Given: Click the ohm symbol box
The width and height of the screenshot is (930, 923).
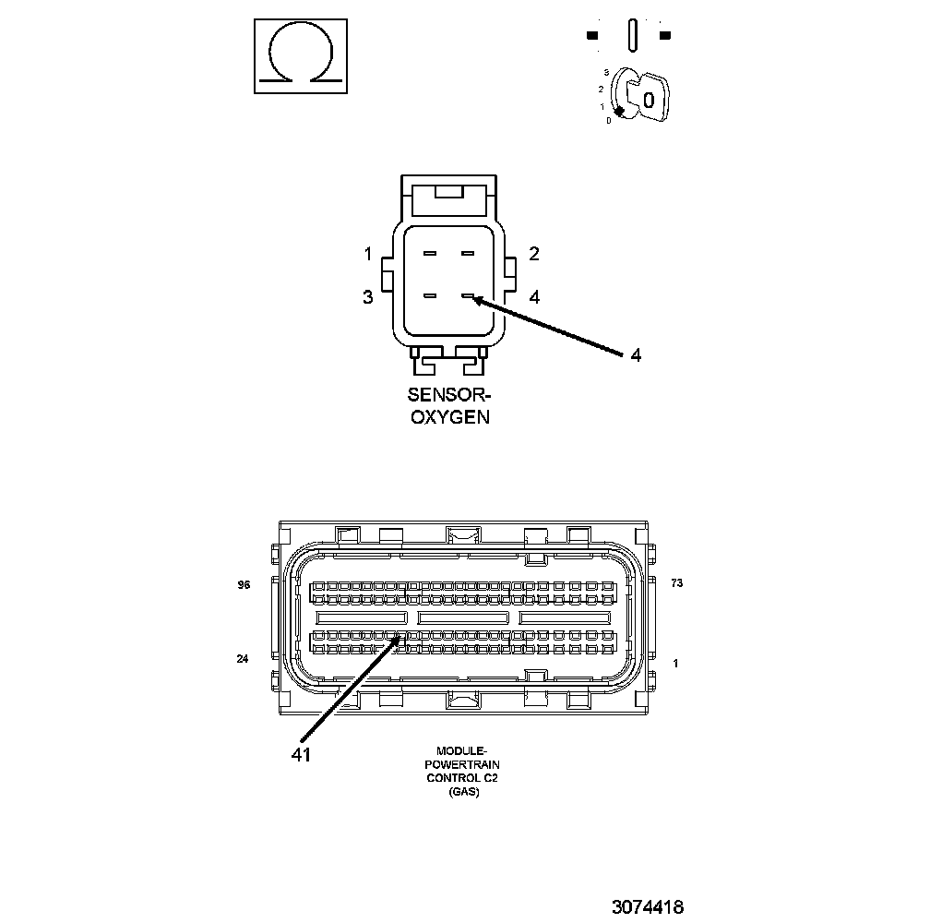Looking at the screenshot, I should click(301, 56).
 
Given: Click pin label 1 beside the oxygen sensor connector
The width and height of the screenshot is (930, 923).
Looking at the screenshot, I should click(368, 254).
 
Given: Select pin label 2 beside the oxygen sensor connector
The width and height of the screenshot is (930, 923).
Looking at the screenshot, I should click(534, 254).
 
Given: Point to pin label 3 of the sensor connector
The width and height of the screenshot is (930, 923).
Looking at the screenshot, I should click(368, 297).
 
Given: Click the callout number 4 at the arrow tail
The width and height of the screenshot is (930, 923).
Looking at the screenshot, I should click(636, 355).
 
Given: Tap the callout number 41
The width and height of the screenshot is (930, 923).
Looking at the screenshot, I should click(301, 754).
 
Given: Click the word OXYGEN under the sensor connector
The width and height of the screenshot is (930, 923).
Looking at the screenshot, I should click(449, 416).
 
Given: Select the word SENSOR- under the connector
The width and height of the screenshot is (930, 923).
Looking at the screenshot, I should click(449, 395).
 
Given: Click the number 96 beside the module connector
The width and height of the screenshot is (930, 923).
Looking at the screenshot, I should click(244, 584).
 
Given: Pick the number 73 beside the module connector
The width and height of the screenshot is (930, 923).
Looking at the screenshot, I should click(677, 583).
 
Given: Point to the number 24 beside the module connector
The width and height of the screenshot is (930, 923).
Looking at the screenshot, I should click(244, 659).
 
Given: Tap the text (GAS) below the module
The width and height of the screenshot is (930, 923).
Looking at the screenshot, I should click(464, 792).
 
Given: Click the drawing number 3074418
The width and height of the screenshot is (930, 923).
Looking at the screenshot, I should click(647, 907).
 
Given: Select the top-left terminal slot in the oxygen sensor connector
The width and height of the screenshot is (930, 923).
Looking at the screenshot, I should click(430, 254).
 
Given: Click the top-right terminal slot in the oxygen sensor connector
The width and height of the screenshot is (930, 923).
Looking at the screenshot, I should click(468, 254).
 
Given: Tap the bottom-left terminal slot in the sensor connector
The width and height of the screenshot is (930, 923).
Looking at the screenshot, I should click(430, 296).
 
